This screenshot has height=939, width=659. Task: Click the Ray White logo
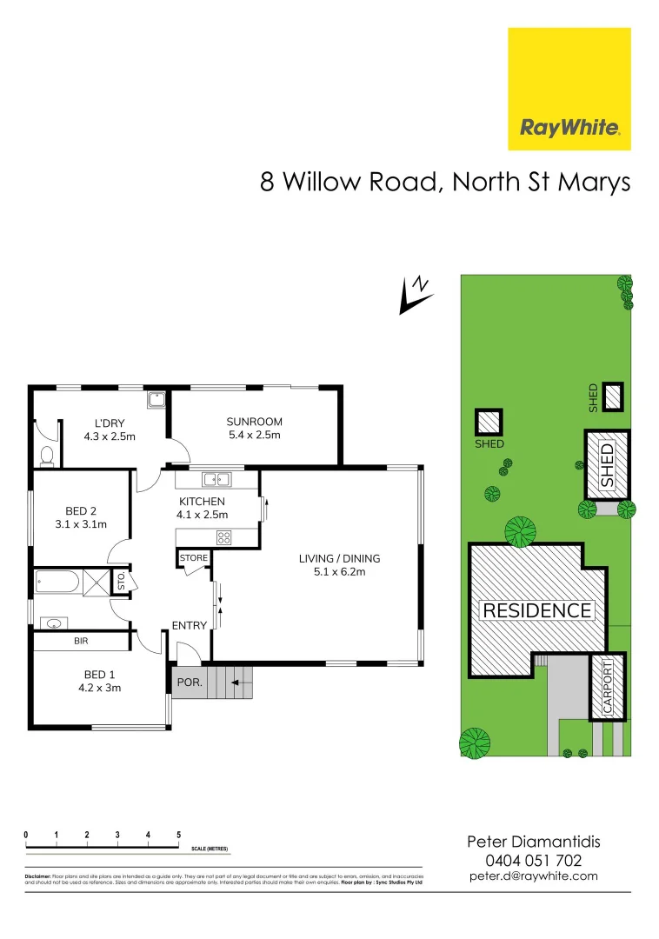point(569,89)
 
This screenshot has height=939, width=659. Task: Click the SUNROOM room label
point(254,422)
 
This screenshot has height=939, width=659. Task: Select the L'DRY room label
point(110,423)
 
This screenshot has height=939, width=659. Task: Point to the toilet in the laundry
point(48,453)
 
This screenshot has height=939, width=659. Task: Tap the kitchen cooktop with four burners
point(223,537)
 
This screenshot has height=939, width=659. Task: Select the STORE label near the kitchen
point(193,557)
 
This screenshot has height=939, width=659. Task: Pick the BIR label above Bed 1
point(82,641)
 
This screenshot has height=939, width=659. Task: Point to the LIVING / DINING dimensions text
point(339,572)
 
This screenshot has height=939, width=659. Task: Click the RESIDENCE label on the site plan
point(536,610)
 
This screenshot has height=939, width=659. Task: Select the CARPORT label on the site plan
point(608,687)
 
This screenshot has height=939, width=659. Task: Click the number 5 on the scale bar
point(178,835)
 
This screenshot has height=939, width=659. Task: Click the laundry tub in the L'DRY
point(156,401)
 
